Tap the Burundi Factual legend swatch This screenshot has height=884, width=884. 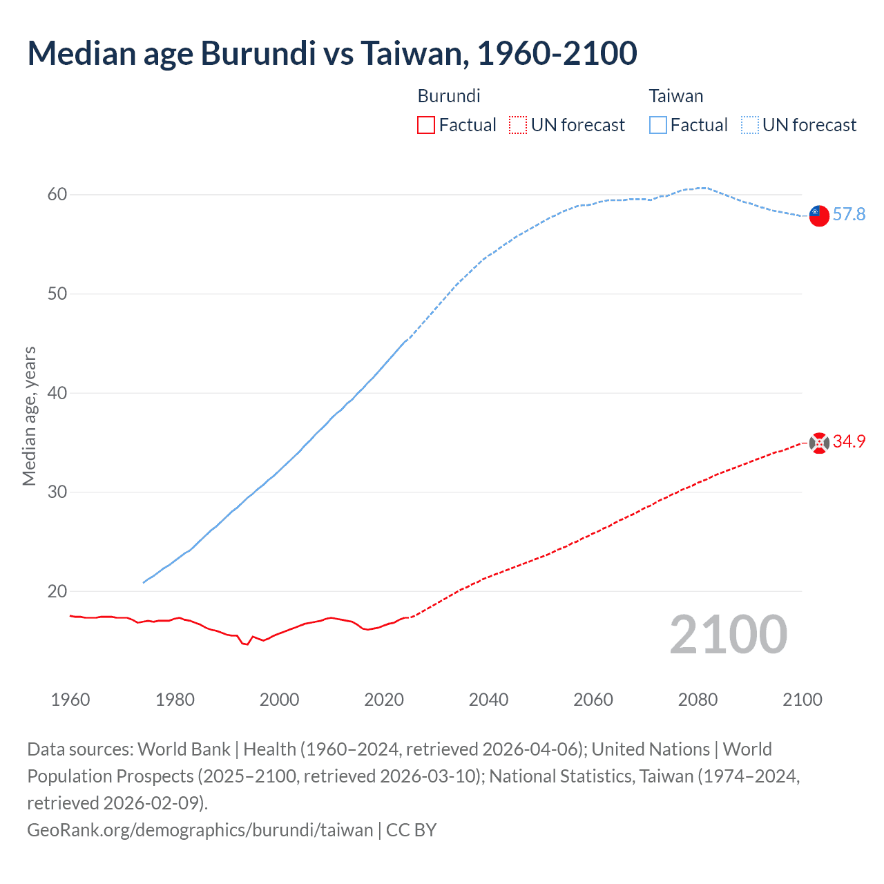pyautogui.click(x=426, y=125)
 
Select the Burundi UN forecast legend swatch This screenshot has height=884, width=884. pyautogui.click(x=518, y=125)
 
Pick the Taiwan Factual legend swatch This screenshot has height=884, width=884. pyautogui.click(x=658, y=125)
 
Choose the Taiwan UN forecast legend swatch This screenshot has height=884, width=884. pyautogui.click(x=750, y=125)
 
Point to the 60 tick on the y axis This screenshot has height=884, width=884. pyautogui.click(x=57, y=195)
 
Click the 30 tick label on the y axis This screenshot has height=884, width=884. pyautogui.click(x=57, y=492)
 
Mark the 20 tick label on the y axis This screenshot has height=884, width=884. pyautogui.click(x=57, y=592)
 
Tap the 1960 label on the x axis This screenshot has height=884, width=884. pyautogui.click(x=70, y=700)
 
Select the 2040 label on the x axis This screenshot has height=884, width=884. pyautogui.click(x=488, y=700)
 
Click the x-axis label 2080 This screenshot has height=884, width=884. pyautogui.click(x=698, y=700)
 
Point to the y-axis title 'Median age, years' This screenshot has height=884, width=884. pyautogui.click(x=29, y=416)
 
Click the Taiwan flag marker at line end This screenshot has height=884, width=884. pyautogui.click(x=819, y=215)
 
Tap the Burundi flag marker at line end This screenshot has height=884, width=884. pyautogui.click(x=819, y=443)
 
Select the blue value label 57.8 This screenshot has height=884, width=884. pyautogui.click(x=849, y=215)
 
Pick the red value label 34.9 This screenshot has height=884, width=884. pyautogui.click(x=849, y=442)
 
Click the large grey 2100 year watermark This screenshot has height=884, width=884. pyautogui.click(x=728, y=635)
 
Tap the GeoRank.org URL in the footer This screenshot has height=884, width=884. pyautogui.click(x=200, y=829)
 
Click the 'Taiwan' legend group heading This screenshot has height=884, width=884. pyautogui.click(x=675, y=96)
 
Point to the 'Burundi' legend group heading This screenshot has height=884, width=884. pyautogui.click(x=449, y=96)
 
